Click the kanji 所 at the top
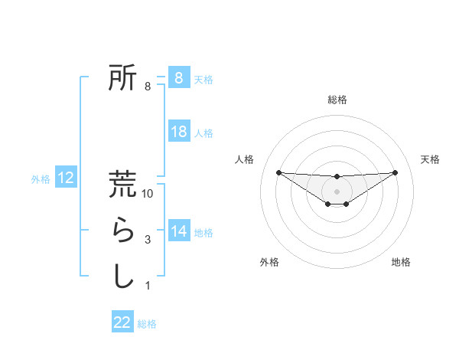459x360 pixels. coord(122,77)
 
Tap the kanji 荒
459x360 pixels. coord(122,185)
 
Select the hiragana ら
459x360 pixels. coord(122,231)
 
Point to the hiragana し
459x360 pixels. coord(122,276)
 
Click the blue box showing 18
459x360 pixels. coord(178,132)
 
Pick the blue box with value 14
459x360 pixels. coord(178,231)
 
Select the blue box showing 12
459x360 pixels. coord(66,178)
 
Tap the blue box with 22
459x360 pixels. coord(122,322)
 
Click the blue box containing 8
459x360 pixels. coord(178,77)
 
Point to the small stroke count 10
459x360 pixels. coord(148,195)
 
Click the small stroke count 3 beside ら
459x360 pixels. coord(148,241)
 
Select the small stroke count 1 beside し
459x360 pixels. coord(148,286)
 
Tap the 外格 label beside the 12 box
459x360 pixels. coord(41,179)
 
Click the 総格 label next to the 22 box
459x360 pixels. coord(147,324)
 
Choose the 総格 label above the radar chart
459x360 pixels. coord(337,100)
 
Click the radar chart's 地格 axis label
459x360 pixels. coord(401,262)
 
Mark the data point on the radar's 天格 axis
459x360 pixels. coord(395,172)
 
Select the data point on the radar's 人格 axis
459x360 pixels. coord(278,172)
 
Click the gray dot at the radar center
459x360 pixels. coord(337,190)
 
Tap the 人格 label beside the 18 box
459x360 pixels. coord(203,133)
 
